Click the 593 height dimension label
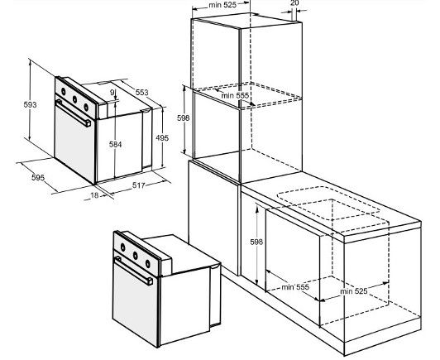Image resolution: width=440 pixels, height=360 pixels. click(30, 105)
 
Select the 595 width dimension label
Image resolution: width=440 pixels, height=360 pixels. click(38, 177)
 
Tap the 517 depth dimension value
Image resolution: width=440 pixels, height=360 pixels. click(139, 185)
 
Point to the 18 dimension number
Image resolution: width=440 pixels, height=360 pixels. click(95, 195)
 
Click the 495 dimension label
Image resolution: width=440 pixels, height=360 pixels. click(162, 138)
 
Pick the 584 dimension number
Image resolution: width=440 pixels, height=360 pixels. click(115, 144)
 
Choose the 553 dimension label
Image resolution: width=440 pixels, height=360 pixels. click(141, 92)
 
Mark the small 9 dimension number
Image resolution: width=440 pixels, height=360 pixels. click(112, 92)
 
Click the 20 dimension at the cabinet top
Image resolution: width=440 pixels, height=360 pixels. click(294, 3)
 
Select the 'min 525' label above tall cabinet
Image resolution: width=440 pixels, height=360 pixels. click(222, 5)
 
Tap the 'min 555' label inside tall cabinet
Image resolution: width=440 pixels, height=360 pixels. click(235, 95)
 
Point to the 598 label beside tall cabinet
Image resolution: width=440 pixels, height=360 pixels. click(184, 118)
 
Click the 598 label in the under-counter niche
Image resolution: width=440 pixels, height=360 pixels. click(256, 242)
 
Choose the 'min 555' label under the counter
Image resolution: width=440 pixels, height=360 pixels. click(295, 287)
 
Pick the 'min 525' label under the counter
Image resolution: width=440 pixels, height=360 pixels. click(354, 291)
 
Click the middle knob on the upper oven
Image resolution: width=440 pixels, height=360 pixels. click(75, 99)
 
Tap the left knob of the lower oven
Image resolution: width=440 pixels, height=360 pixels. click(123, 247)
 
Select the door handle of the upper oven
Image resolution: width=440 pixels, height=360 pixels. click(74, 113)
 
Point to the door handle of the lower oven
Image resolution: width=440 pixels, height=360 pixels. click(134, 271)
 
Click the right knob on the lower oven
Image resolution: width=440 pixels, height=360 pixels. click(148, 264)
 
